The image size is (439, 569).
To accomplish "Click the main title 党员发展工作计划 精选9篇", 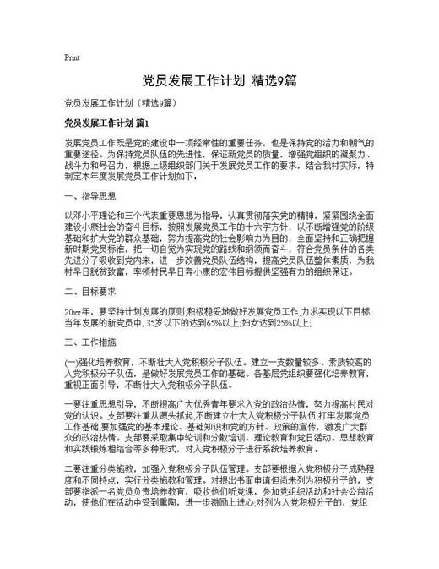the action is [x=219, y=81].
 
